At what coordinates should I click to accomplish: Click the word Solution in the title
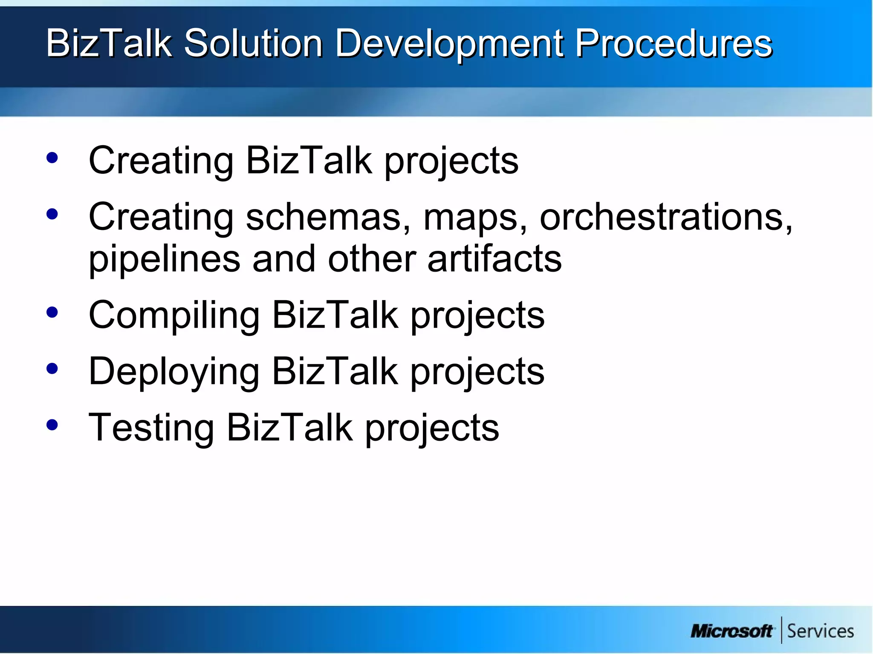pyautogui.click(x=253, y=43)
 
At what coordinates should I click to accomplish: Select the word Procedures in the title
pyautogui.click(x=674, y=43)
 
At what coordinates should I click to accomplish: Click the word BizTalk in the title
pyautogui.click(x=109, y=43)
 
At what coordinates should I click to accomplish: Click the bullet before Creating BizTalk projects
pyautogui.click(x=52, y=158)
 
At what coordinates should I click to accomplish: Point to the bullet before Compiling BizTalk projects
pyautogui.click(x=52, y=313)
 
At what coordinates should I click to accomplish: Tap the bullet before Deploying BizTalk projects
pyautogui.click(x=52, y=369)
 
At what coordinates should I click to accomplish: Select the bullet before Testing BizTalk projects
pyautogui.click(x=52, y=425)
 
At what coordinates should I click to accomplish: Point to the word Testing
pyautogui.click(x=151, y=428)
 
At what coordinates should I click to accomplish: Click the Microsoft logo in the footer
pyautogui.click(x=731, y=631)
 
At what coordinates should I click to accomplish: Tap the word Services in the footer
pyautogui.click(x=820, y=631)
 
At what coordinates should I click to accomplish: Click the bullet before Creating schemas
pyautogui.click(x=52, y=214)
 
